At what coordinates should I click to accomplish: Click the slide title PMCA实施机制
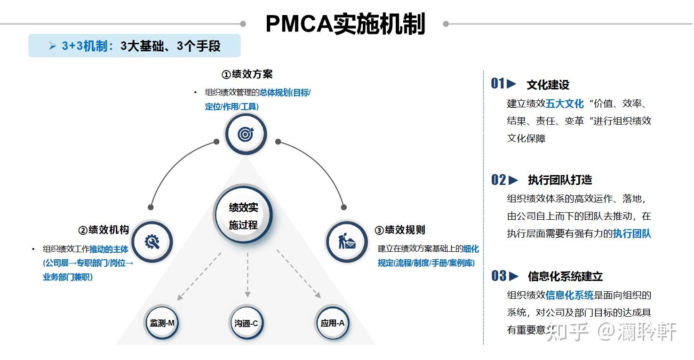coord(345,24)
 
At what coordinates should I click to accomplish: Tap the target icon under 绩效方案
coord(245,134)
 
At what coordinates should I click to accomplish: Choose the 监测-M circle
coord(162,323)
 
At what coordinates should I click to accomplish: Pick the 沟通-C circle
coord(246,323)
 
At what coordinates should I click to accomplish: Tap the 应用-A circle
coord(332,323)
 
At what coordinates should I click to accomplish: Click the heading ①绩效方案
coord(247,74)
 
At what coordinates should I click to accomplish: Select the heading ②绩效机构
coord(104,230)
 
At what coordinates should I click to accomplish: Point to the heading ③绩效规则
coord(399,230)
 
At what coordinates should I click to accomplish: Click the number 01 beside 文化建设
coord(498,84)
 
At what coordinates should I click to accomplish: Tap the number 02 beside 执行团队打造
coord(499,180)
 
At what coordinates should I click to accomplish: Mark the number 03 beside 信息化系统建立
coord(499,276)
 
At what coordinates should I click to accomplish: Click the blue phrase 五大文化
coord(565,104)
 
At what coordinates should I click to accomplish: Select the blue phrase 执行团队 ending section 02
coord(631,234)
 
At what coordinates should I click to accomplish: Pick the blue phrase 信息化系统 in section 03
coord(569,296)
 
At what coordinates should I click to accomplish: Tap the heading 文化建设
coord(548,85)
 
